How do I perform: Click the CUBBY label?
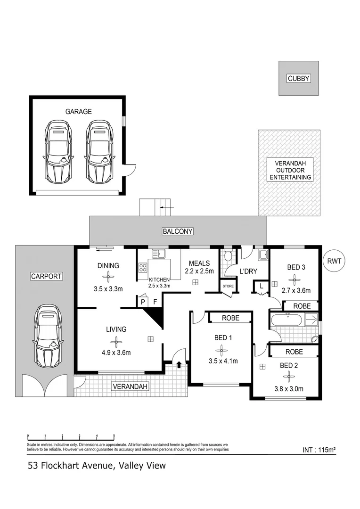point(299,79)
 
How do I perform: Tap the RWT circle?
point(334,260)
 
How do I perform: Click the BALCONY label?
point(178,231)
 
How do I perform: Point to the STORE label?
point(228,286)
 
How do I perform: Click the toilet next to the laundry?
point(229,256)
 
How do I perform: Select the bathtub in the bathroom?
point(286,320)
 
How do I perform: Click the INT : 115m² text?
point(319,450)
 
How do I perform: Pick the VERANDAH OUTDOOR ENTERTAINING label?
point(290,170)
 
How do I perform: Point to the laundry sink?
point(263,255)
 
